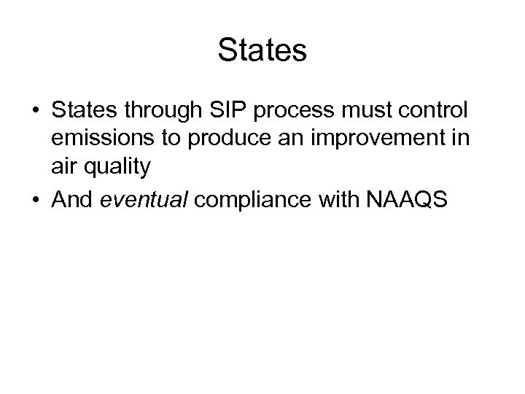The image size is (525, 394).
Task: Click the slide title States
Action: [262, 51]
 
